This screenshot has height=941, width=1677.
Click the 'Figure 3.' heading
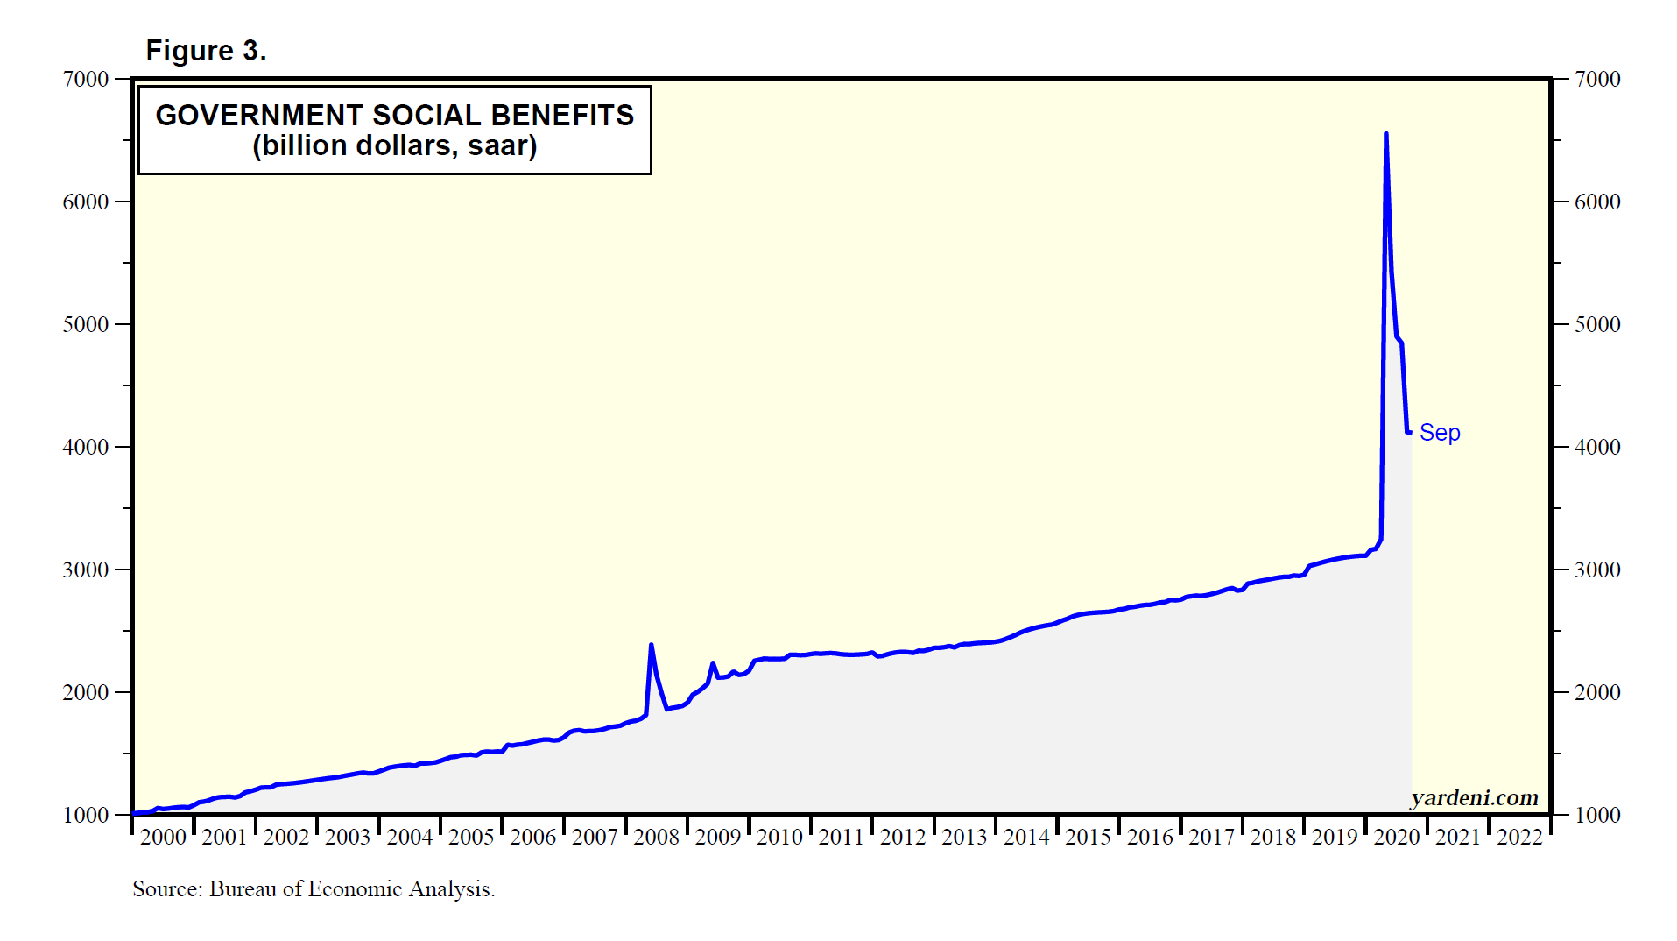206,51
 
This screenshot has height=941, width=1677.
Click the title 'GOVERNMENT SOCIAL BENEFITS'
394,115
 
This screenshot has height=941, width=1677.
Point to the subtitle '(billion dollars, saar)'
394,145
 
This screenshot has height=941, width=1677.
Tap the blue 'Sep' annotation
1439,433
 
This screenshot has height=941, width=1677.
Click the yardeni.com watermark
1474,797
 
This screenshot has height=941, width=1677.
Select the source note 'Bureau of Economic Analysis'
352,888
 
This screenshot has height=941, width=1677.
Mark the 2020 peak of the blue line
1385,134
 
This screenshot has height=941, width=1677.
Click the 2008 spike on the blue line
651,645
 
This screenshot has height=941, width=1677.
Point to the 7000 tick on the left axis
86,79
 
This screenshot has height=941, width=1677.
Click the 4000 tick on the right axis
1597,447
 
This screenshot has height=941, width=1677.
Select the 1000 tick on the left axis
86,815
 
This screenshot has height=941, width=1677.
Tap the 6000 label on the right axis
1597,202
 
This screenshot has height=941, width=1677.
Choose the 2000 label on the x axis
163,837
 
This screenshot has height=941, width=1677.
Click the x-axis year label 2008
656,837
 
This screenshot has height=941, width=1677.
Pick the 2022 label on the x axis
1519,837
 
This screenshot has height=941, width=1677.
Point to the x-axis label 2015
1088,837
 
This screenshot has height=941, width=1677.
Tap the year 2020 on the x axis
1396,837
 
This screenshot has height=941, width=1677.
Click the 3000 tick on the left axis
86,570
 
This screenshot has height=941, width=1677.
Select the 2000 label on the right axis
1597,692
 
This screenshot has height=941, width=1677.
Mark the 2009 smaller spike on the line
712,663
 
